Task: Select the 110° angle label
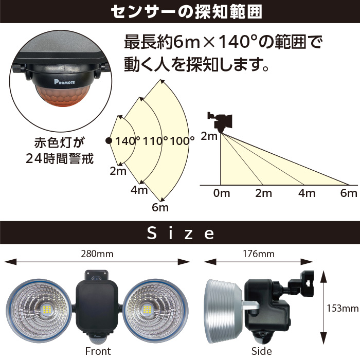coord(155,141)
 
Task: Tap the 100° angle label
coord(182,141)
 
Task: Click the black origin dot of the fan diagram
coord(109,141)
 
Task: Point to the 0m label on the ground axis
coord(222,193)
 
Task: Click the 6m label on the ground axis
coord(349,193)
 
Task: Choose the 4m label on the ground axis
coord(307,193)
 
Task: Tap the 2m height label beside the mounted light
coord(209,136)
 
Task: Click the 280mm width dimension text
coord(97,254)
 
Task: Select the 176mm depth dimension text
coord(259,254)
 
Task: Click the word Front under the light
coord(98,351)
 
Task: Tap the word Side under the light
coord(261,351)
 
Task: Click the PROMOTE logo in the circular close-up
coord(64,82)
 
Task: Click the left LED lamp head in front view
coord(39,311)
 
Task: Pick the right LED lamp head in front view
coord(155,311)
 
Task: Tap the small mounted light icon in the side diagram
coord(220,122)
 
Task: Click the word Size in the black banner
coord(181,233)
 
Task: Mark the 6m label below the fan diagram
coord(160,208)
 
